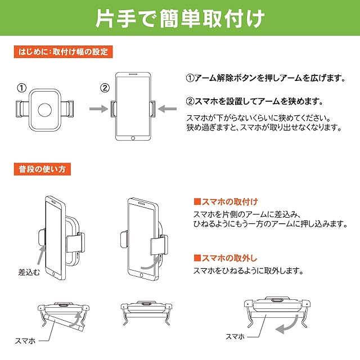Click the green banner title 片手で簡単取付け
[x=180, y=19]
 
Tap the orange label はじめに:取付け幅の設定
[x=63, y=52]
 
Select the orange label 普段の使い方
[x=42, y=169]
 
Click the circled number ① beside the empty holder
[x=22, y=88]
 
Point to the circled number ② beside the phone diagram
[x=105, y=88]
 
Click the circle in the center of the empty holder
[x=45, y=110]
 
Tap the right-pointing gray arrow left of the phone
[x=98, y=109]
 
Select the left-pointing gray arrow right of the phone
[x=168, y=109]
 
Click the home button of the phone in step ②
[x=133, y=138]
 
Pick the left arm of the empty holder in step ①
[x=22, y=109]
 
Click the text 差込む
[x=29, y=272]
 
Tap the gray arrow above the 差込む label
[x=41, y=255]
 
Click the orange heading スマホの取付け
[x=226, y=202]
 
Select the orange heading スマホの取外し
[x=226, y=258]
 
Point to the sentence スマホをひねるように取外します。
[x=249, y=271]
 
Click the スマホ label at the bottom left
[x=25, y=341]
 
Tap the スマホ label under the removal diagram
[x=235, y=336]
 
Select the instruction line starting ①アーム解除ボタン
[x=265, y=78]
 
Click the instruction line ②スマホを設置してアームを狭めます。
[x=255, y=101]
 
